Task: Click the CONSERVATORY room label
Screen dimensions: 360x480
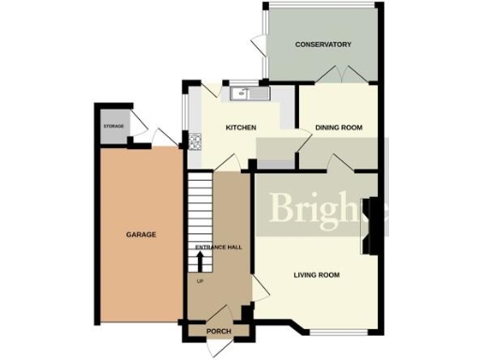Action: pos(322,45)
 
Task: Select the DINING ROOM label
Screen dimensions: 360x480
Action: pos(338,127)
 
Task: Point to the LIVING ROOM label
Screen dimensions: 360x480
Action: pos(316,275)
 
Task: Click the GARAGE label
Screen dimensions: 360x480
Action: pos(141,234)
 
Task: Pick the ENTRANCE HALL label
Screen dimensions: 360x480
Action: pos(218,247)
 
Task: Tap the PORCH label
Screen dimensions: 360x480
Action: pos(218,330)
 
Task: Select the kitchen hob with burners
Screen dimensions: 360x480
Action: pos(196,142)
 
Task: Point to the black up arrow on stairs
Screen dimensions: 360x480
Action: pos(200,258)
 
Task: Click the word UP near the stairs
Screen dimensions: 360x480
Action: pos(200,280)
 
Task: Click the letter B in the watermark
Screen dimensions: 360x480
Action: pos(282,209)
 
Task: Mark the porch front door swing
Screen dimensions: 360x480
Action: pos(214,346)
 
